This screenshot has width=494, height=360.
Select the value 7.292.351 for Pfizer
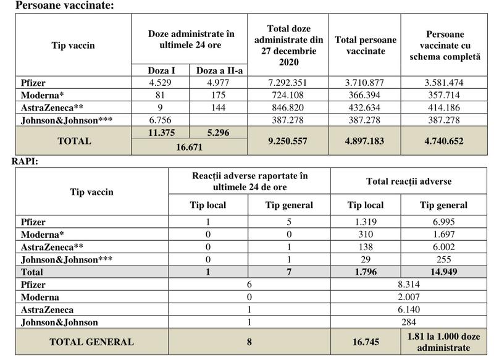pos(288,83)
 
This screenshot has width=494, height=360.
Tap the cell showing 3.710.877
pos(365,83)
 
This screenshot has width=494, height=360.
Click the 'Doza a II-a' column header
pos(220,70)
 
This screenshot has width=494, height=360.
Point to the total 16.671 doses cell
pos(189,148)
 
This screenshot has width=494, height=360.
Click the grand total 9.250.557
pos(288,141)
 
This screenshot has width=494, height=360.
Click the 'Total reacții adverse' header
pos(408,182)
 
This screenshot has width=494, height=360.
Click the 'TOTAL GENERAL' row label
pos(91,340)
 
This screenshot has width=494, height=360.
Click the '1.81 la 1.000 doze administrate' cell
pos(443,340)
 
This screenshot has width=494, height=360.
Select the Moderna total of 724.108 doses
pos(288,94)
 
